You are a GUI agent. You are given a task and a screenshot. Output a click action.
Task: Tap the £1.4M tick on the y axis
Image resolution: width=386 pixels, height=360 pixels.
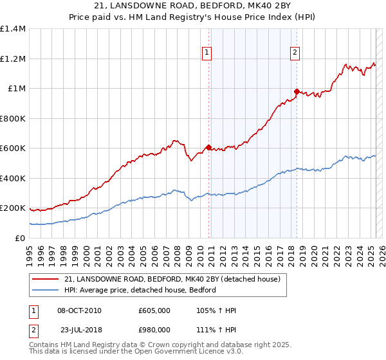pyautogui.click(x=13, y=29)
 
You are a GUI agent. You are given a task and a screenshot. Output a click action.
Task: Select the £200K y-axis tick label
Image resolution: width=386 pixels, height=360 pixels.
pyautogui.click(x=13, y=208)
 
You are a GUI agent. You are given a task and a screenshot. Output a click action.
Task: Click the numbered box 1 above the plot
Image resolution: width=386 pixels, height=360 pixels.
pyautogui.click(x=208, y=53)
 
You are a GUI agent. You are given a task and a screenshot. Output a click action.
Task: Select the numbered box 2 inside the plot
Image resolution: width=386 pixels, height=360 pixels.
pyautogui.click(x=295, y=53)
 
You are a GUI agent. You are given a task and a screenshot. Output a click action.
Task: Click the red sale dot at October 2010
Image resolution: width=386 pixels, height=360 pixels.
pyautogui.click(x=208, y=147)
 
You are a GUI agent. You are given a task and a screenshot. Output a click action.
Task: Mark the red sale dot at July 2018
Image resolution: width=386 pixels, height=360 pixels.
pyautogui.click(x=297, y=91)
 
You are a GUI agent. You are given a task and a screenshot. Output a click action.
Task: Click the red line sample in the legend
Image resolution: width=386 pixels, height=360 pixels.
pyautogui.click(x=46, y=280)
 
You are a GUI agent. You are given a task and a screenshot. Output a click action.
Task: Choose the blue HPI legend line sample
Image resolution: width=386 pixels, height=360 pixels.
pyautogui.click(x=46, y=290)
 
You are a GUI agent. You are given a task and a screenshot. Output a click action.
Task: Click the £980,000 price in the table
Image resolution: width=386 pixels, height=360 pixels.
pyautogui.click(x=154, y=329)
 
